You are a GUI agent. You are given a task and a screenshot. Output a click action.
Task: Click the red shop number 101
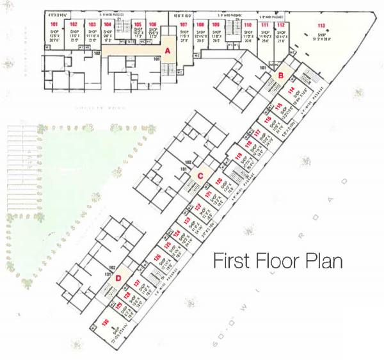coord(54,24)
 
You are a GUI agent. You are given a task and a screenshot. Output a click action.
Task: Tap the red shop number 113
coord(321,25)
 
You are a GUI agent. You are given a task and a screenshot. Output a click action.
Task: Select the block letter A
coord(167,49)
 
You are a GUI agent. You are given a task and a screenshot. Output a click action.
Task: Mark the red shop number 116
coord(278,106)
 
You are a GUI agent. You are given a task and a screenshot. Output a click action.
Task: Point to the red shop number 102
coord(74,24)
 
